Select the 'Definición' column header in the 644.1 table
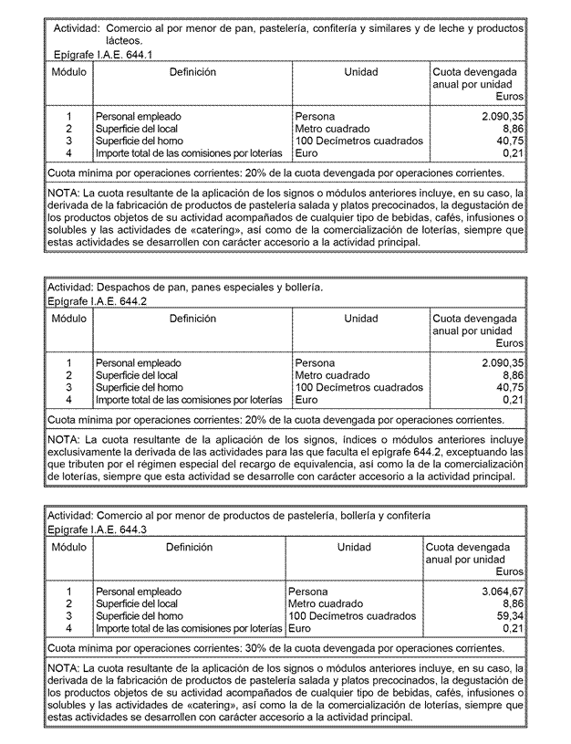192,72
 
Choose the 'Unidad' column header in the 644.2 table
361,319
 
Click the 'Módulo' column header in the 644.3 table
69,547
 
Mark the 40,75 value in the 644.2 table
510,387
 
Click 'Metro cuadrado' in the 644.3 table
326,603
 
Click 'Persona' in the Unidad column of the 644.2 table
316,362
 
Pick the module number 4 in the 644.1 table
68,153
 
